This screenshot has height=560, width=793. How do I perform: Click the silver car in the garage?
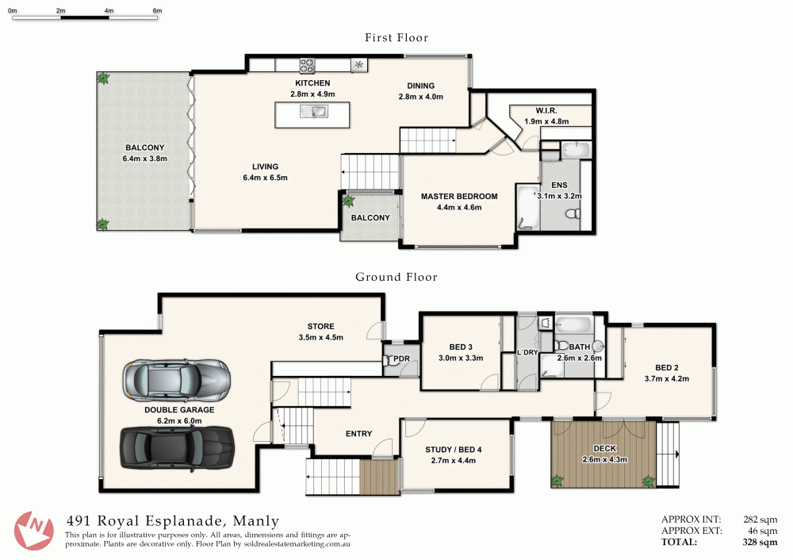point(177,381)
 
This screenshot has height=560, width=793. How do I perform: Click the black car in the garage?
point(177,447)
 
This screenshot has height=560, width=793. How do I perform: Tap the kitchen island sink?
point(313,111)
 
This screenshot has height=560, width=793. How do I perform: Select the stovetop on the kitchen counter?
point(307,66)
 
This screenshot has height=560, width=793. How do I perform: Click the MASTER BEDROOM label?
point(459,196)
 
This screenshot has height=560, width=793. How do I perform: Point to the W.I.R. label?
point(546,110)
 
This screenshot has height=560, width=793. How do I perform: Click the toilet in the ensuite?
point(573,213)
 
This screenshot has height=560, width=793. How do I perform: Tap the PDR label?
point(401,359)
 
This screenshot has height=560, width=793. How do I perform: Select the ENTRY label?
point(358,434)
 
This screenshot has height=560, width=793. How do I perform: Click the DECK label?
point(605,448)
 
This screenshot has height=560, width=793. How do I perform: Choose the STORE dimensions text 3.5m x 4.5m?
point(320,337)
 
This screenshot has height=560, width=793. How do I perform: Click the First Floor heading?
point(396,37)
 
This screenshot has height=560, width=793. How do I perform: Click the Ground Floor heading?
point(396,277)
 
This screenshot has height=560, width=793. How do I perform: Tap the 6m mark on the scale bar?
point(157,10)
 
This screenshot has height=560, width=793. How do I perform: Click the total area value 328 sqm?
point(760,542)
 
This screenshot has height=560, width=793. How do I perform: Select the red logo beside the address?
point(33,530)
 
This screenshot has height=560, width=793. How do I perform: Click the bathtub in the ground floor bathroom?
point(573,324)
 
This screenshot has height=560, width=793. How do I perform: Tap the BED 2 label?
point(667,368)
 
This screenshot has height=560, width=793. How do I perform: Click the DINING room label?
point(421,86)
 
